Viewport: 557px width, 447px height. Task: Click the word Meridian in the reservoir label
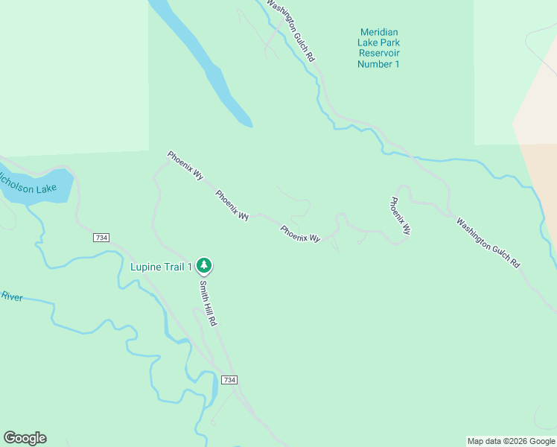coord(379,32)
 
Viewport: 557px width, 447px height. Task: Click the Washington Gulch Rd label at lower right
coord(488,243)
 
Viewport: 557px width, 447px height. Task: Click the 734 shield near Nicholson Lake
coord(102,237)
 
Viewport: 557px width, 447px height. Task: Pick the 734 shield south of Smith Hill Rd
coord(229,380)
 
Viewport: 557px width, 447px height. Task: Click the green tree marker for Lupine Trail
coord(204,265)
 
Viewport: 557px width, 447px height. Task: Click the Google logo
coord(25,438)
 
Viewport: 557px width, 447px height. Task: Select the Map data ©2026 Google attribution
coord(512,441)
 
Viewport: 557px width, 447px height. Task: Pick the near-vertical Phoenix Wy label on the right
coord(400,217)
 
